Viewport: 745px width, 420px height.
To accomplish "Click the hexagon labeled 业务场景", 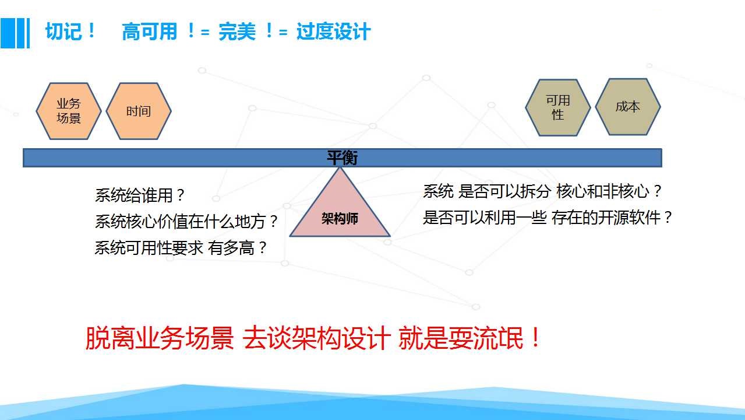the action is [x=69, y=111].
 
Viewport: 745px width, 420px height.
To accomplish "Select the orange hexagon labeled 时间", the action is [x=139, y=111].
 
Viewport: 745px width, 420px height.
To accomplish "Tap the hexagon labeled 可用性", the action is [x=558, y=107].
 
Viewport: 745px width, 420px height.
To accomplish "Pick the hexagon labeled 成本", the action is [x=627, y=107].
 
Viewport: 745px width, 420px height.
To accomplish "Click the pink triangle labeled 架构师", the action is [x=340, y=210].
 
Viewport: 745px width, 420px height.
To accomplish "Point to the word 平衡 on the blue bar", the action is [x=342, y=157].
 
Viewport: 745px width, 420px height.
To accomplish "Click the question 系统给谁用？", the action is [x=140, y=195].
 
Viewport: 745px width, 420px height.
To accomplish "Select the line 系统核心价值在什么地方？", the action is [x=186, y=221].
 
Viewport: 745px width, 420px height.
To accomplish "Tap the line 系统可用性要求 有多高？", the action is [x=181, y=248].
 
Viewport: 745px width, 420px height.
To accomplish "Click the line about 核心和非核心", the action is [x=542, y=191].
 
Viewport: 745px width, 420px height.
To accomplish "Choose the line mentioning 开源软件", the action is [x=548, y=218].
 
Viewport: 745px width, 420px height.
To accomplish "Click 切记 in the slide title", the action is [x=63, y=32].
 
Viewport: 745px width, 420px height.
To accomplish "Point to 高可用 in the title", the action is [x=149, y=32].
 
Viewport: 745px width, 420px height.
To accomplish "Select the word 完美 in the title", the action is [x=237, y=32].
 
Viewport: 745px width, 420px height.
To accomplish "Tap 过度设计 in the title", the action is [x=333, y=32].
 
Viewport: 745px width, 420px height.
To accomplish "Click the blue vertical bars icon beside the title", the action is [x=15, y=33].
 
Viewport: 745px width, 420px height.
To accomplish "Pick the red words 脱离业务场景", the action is [x=160, y=338].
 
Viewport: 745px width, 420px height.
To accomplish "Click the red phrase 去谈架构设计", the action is [x=316, y=338].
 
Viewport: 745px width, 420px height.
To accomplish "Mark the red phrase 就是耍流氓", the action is [x=461, y=338].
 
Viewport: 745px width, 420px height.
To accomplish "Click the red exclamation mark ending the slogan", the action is [x=535, y=337].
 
